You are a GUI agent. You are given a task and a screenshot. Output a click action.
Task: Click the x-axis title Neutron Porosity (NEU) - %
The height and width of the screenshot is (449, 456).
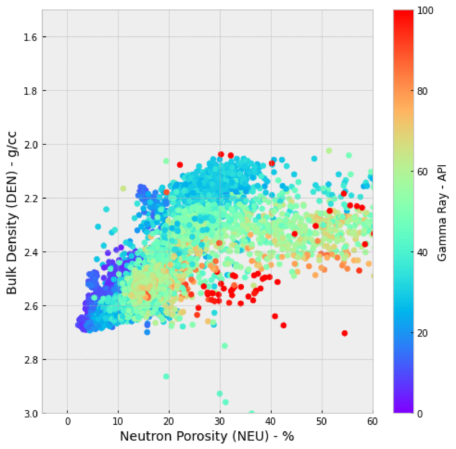(x=207, y=436)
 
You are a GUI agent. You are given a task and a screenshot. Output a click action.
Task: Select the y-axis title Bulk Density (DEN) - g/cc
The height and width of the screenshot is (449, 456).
(x=12, y=213)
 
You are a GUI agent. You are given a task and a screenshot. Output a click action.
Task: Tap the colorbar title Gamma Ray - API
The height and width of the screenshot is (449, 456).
(x=442, y=213)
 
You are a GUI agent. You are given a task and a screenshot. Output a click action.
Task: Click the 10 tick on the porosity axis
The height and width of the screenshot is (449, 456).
(x=118, y=422)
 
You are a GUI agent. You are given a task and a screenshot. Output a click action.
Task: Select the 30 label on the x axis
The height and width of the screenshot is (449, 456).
(x=220, y=422)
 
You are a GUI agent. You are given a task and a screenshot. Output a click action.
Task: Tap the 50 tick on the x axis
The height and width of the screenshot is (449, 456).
(x=322, y=422)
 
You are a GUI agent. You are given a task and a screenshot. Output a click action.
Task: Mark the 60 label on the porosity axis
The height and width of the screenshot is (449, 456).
(x=373, y=422)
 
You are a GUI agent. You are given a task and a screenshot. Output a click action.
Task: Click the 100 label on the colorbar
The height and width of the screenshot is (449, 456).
(x=425, y=10)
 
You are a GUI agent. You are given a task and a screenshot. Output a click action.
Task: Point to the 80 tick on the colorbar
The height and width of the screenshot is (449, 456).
(x=422, y=91)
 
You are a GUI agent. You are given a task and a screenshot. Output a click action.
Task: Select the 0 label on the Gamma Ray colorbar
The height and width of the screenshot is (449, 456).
(x=420, y=414)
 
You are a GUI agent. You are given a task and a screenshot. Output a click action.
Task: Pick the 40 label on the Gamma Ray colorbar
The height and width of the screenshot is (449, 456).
(x=422, y=252)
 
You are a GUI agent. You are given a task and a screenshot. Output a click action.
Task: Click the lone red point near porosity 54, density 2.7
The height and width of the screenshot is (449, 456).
(x=345, y=333)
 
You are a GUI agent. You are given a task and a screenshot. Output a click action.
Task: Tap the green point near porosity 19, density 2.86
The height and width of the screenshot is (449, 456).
(x=166, y=377)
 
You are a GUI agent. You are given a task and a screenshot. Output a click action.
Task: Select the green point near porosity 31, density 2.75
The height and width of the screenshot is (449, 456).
(x=224, y=346)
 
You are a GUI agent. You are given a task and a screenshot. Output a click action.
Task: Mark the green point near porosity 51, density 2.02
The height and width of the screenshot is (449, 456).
(x=329, y=151)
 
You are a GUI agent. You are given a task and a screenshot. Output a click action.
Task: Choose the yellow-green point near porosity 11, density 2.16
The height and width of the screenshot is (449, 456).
(x=123, y=188)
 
